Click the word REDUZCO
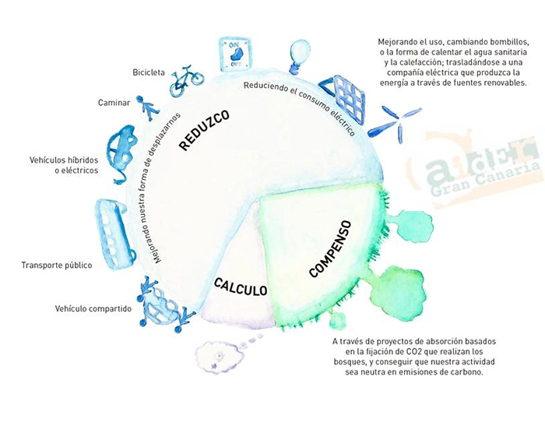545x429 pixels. (204, 130)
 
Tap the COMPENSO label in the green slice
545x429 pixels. (330, 248)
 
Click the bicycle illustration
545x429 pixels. (187, 76)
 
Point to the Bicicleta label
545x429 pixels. (148, 72)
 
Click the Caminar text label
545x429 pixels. (114, 102)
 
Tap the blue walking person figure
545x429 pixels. (144, 108)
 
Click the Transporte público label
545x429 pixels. (57, 265)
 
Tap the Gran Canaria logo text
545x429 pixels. (482, 170)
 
